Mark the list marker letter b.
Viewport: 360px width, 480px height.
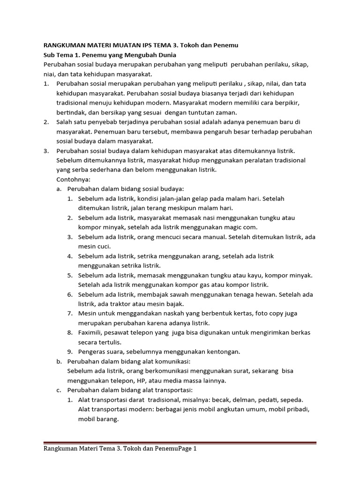click(x=59, y=361)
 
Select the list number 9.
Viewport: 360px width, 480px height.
click(x=69, y=352)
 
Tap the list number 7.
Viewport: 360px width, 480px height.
click(x=69, y=313)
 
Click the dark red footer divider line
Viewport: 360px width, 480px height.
click(x=180, y=442)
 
